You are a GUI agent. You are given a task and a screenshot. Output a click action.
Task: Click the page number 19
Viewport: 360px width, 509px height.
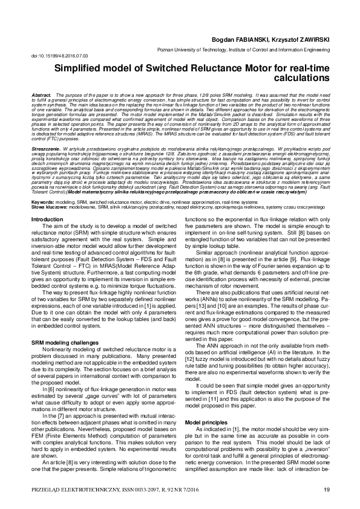pos(326,488)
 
